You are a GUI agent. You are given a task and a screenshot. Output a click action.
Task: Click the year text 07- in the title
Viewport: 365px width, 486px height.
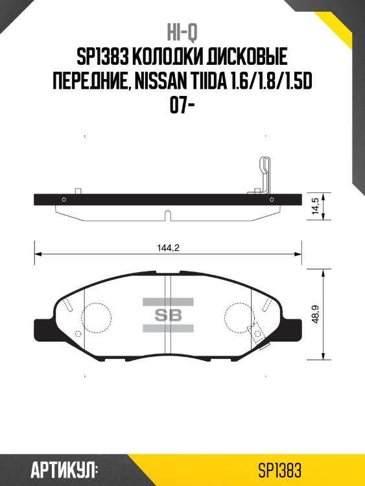(x=182, y=106)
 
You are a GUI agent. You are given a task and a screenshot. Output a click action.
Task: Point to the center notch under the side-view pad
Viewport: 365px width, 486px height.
(x=167, y=214)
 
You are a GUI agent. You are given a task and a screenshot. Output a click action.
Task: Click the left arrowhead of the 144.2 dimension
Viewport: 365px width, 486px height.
(x=38, y=254)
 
